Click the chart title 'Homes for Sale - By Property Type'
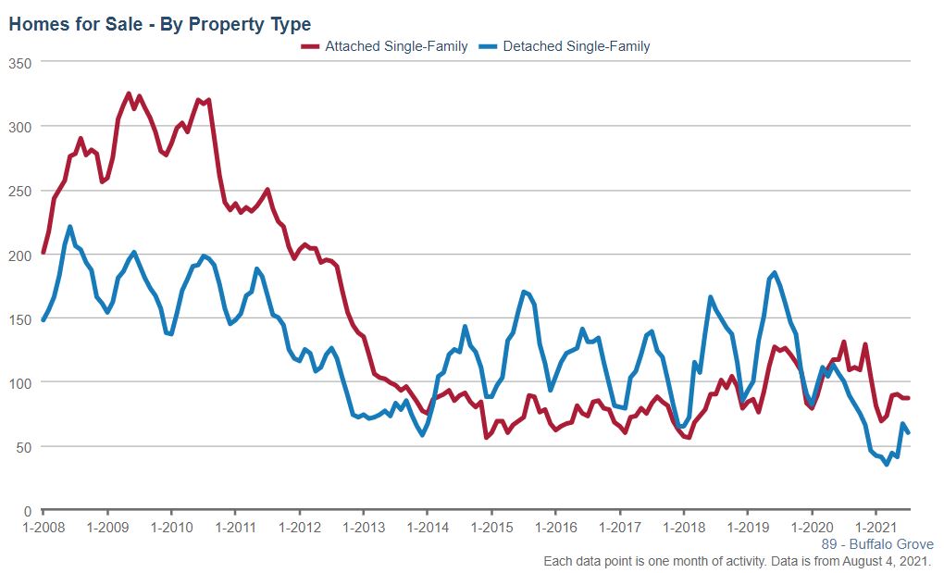(159, 24)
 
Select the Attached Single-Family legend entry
(395, 46)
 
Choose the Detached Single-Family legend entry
(576, 46)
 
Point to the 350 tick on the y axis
(20, 62)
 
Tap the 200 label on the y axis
(20, 255)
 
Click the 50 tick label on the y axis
(24, 447)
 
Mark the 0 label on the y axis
(28, 511)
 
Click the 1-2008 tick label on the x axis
(43, 528)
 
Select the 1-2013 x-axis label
(363, 528)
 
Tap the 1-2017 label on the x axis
(619, 528)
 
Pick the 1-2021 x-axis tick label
(876, 528)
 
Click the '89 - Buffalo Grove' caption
(877, 544)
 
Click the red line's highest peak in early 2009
(129, 93)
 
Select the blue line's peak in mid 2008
(70, 226)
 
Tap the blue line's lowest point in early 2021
(887, 465)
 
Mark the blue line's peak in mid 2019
(775, 272)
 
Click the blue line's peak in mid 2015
(524, 292)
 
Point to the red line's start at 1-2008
(43, 252)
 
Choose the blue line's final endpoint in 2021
(908, 432)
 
